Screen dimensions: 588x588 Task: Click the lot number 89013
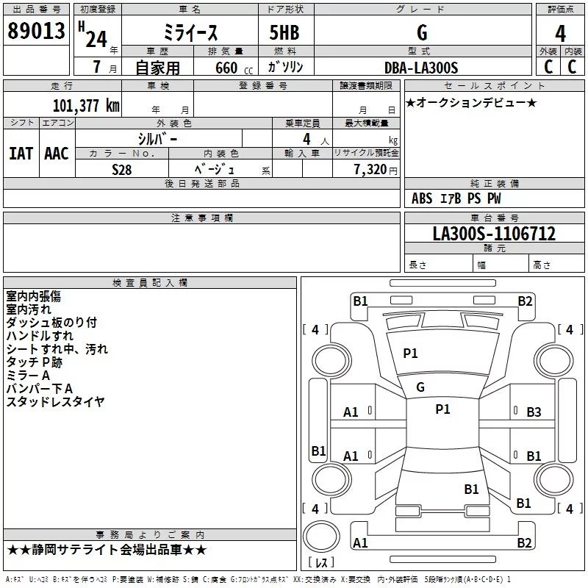coord(36,31)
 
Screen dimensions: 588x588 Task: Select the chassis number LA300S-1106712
coord(494,233)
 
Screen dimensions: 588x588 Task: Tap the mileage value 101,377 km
coord(86,105)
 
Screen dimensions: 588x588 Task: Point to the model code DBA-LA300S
coord(421,68)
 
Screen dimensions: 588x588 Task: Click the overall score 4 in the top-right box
coord(560,33)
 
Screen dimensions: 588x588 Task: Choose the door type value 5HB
coord(284,32)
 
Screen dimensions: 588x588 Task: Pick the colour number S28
coord(122,170)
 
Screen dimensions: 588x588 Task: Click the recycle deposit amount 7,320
coord(370,170)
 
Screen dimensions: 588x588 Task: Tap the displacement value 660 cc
coord(234,68)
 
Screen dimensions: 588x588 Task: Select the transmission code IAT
coord(21,154)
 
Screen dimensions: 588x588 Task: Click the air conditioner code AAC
coord(57,154)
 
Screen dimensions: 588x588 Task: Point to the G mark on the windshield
coord(420,387)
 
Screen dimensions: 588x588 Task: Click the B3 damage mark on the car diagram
coord(534,412)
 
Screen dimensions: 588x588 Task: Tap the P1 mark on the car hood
coord(410,354)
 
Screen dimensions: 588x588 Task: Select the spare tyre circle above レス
coord(321,537)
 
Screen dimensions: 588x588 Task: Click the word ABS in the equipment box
coord(422,198)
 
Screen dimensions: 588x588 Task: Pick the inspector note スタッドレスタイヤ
coord(55,401)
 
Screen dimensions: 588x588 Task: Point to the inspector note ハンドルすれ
coord(40,336)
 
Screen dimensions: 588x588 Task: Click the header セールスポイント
coord(494,86)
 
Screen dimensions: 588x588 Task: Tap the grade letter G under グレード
coord(422,32)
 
